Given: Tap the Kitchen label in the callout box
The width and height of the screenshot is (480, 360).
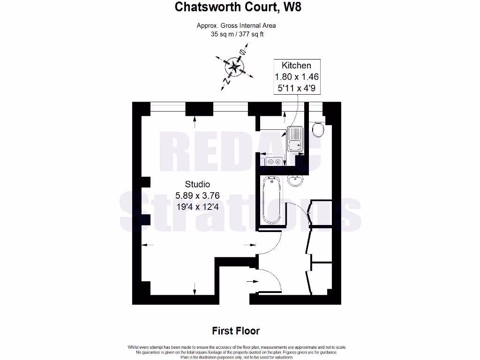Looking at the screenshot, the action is [296, 66].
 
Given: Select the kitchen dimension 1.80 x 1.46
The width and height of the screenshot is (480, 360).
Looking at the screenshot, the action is [296, 76].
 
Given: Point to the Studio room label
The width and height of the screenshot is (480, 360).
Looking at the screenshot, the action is [197, 184].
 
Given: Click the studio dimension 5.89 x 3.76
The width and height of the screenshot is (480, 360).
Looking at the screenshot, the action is [197, 195].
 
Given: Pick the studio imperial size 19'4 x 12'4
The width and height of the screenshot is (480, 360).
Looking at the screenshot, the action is [197, 206].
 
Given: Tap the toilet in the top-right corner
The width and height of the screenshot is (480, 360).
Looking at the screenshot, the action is [318, 129].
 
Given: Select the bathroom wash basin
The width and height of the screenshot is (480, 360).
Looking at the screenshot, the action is [295, 180].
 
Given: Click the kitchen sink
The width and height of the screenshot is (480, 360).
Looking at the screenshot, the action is [295, 139].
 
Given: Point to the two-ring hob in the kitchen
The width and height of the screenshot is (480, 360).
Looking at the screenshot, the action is [274, 162].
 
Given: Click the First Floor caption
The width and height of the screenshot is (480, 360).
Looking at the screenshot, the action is [236, 331].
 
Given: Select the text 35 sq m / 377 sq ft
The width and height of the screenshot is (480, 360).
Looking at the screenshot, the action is [236, 34].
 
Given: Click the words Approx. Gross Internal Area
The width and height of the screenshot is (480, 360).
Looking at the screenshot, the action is [236, 26].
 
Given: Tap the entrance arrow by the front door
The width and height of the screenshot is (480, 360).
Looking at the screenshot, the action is [253, 281].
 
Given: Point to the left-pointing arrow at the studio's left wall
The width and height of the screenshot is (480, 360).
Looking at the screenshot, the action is [146, 244].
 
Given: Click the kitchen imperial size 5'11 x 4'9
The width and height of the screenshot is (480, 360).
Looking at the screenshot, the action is [296, 87].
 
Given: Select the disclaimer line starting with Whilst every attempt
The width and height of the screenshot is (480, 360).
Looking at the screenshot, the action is [237, 347].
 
